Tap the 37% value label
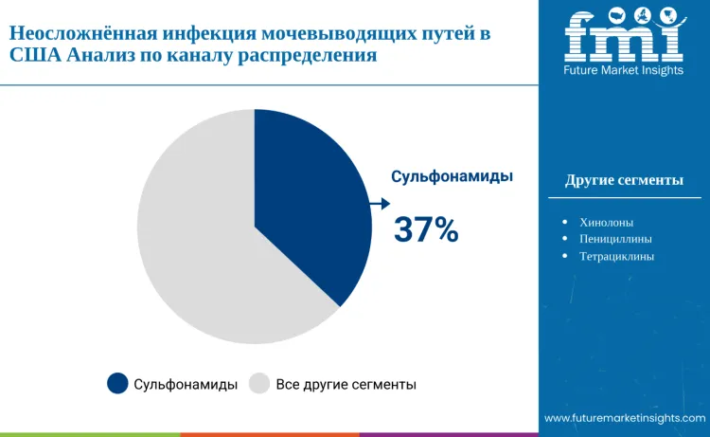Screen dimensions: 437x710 point(426,229)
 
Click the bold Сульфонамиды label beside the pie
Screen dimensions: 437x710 point(453,175)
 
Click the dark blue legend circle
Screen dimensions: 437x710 point(117,383)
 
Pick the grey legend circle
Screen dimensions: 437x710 point(259,383)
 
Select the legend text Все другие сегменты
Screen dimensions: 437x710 point(346,384)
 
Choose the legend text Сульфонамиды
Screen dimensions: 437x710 point(185,384)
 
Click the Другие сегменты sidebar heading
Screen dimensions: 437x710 point(624,180)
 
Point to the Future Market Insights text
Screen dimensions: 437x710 point(624,70)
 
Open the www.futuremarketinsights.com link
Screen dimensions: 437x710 point(625,417)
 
